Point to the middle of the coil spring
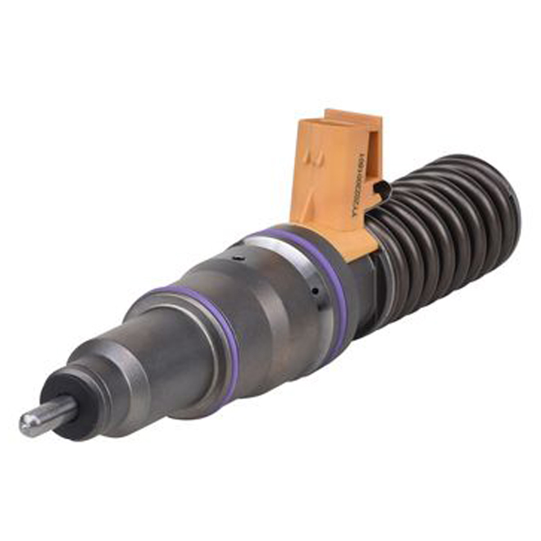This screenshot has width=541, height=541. click(443, 221)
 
